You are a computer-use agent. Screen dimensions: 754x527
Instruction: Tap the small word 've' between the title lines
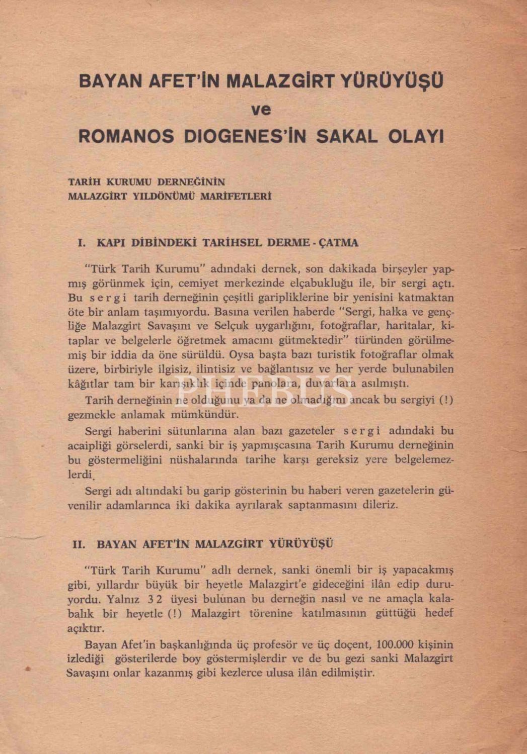[261, 109]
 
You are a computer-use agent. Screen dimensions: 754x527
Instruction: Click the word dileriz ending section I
[378, 505]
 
